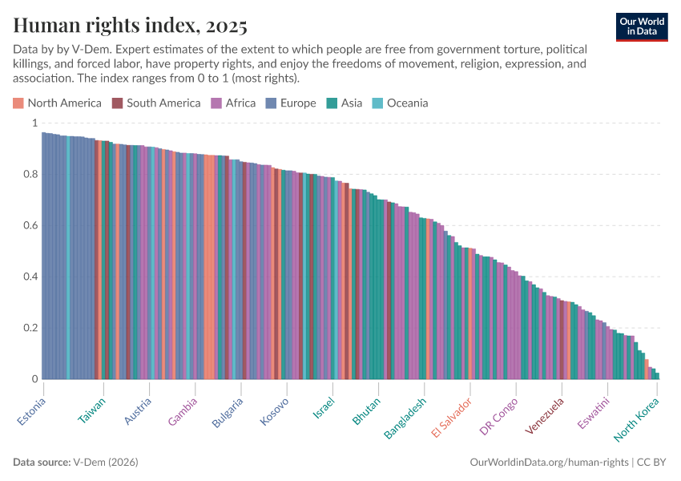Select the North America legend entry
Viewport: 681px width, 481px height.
pos(57,103)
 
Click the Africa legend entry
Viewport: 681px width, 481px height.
pos(233,103)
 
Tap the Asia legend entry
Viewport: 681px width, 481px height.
pos(345,103)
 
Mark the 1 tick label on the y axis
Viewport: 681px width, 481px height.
pos(34,123)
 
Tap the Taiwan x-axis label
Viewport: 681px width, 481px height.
pos(91,410)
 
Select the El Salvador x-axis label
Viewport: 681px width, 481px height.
pos(451,417)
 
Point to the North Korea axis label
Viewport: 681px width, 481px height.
pos(636,419)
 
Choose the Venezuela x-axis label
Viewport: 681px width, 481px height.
pos(545,416)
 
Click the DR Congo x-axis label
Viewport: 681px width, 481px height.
pos(498,416)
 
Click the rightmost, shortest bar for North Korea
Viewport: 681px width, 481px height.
pos(657,375)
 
